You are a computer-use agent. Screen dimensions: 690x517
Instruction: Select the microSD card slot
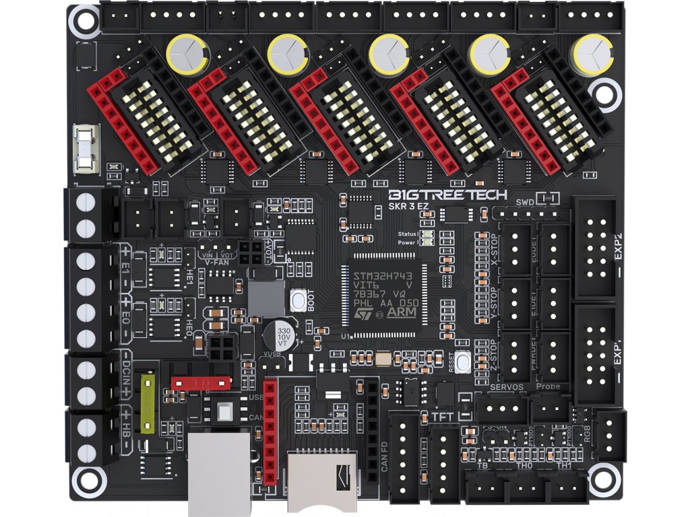click(x=323, y=481)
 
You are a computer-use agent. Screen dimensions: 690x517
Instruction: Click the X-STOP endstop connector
click(x=517, y=249)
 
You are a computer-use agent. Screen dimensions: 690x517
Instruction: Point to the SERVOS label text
click(x=507, y=387)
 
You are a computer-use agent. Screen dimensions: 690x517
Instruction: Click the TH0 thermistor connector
click(x=526, y=485)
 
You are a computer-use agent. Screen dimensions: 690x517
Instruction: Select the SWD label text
click(x=524, y=203)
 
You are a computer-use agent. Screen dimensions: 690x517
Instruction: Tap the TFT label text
click(x=442, y=417)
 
